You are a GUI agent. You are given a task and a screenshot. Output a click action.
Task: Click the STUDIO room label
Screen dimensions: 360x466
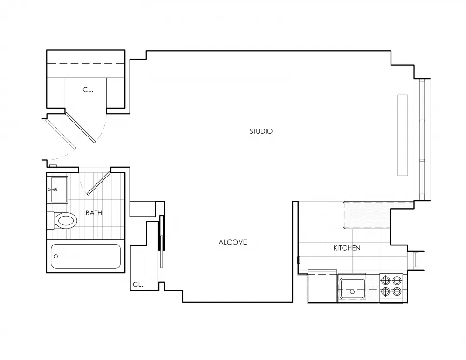click(260, 131)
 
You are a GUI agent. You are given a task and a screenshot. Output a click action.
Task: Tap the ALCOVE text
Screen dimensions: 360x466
click(233, 242)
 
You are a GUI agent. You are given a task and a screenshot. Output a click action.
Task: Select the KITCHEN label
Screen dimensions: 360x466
click(347, 248)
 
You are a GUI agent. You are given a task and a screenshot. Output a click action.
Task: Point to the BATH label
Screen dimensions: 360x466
click(94, 213)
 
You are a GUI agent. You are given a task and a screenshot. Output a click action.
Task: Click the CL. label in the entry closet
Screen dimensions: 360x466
click(88, 90)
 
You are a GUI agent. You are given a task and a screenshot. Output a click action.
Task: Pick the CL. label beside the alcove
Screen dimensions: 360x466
click(137, 285)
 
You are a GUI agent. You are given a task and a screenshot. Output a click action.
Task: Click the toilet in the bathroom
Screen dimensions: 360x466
click(63, 220)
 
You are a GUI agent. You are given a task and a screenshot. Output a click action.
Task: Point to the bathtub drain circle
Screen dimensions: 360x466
click(56, 256)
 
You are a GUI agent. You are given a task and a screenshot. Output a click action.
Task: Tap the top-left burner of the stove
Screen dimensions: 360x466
click(385, 280)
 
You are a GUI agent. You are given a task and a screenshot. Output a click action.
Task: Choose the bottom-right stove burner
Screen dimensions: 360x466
click(397, 292)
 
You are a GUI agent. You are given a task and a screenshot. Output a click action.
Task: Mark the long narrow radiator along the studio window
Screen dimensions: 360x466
click(403, 135)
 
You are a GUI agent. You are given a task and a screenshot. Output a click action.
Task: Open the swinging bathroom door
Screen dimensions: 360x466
click(98, 183)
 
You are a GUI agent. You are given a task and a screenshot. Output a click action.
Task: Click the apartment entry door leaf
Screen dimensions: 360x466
click(80, 127)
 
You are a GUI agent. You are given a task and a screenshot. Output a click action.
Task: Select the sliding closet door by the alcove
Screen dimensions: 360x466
click(162, 241)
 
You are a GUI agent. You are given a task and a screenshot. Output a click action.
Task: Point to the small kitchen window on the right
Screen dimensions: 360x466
click(419, 260)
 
